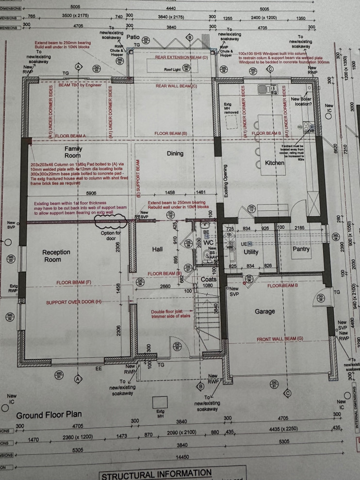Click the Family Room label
coord(73,153)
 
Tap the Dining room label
coord(175,154)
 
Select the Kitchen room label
coord(274,163)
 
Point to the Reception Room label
coord(56,256)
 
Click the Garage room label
coord(265,311)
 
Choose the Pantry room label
coord(301,249)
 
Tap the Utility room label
coord(251,252)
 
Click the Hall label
coord(158,249)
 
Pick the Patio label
coord(133,37)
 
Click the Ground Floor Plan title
coord(49,415)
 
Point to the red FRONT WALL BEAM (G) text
coord(280,338)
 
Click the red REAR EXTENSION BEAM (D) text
coord(181,57)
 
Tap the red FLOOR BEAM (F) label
coord(73,282)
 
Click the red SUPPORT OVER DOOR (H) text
coord(74,303)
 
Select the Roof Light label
coord(173,69)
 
